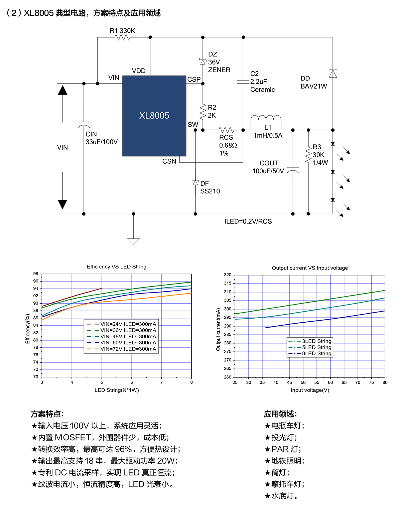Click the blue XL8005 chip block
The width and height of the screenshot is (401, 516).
[154, 116]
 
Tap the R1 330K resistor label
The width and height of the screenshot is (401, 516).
[122, 31]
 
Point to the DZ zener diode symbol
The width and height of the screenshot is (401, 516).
[203, 62]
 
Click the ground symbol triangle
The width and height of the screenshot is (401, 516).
[133, 241]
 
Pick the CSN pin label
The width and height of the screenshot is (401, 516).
[169, 161]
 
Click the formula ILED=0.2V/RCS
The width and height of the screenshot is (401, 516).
[248, 221]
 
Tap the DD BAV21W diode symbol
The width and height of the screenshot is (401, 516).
[332, 73]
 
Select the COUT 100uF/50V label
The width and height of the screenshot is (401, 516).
[268, 167]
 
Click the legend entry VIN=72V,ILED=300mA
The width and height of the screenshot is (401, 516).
[128, 349]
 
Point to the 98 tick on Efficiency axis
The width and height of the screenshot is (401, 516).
[36, 274]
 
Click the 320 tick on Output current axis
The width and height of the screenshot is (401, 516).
[228, 275]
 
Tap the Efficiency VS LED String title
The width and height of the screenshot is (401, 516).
[116, 267]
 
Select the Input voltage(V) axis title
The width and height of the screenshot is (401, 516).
[310, 390]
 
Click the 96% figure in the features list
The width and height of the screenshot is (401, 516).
[123, 449]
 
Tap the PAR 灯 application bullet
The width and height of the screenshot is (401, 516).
[283, 449]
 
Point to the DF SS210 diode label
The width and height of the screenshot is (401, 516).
[210, 187]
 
